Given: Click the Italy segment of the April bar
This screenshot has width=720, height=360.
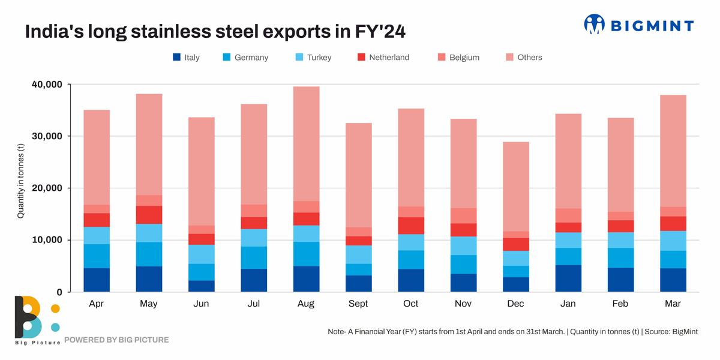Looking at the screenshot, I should pos(96,280).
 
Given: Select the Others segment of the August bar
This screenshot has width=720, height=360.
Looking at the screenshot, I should pos(306,144).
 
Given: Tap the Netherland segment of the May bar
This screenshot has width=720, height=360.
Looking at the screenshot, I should pos(149,215).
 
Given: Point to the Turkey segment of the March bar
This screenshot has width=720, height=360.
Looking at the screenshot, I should pos(673,241).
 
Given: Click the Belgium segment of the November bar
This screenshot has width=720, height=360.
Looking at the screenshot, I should pos(463,215).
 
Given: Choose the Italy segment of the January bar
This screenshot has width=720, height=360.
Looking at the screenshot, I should pos(568,278).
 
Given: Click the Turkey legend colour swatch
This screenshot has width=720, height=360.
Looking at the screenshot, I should pos(299,58).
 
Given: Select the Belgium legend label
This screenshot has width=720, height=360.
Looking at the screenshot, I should pos(464,58).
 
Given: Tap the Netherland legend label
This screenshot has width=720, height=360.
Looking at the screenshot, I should pos(389,58).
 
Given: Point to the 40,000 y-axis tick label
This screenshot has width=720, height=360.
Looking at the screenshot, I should pos(46,85).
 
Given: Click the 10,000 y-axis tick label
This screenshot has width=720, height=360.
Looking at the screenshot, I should pos(46,240).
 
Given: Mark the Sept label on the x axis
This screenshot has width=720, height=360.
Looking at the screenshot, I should pos(358,304).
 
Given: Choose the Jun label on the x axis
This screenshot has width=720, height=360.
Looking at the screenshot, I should pos(201,304).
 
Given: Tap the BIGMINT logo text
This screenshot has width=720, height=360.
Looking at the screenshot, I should pos(652,25).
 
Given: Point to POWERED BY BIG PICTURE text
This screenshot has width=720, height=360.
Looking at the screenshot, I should pos(116,340).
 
